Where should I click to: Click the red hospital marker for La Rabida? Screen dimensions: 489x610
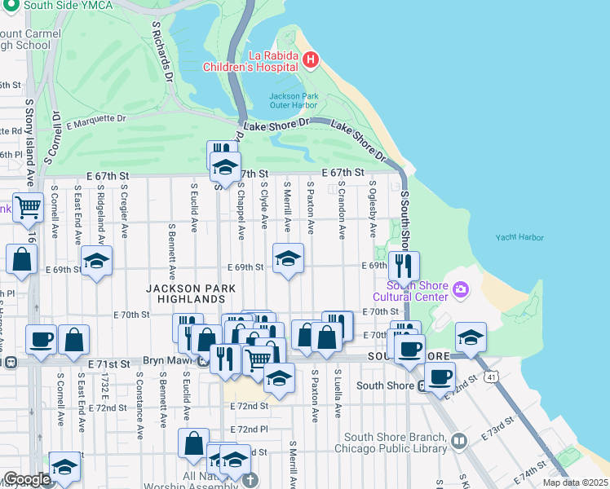310,59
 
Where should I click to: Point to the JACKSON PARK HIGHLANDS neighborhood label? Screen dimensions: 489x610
191,294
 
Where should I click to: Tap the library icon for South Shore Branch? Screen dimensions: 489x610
459,443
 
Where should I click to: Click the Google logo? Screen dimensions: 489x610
27,478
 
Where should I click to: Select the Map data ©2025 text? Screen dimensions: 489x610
575,482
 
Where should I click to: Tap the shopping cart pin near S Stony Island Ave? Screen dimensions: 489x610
28,208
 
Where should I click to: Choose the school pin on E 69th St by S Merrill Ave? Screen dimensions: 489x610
287,258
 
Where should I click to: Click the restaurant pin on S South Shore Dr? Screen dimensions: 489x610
403,266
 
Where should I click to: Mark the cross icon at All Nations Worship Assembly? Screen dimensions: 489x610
251,480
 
